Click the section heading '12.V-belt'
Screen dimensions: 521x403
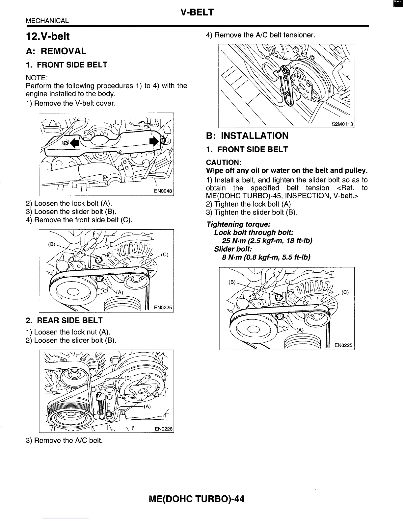click(x=48, y=36)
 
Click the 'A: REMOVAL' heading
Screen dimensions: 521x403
click(x=56, y=51)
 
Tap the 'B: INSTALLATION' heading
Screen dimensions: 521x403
click(x=247, y=136)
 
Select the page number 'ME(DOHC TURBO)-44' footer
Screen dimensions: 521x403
click(x=197, y=499)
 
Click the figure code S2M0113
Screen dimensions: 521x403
click(x=342, y=124)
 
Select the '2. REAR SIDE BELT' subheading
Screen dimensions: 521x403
click(x=64, y=320)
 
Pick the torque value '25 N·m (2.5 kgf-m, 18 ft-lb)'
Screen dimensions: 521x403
click(x=267, y=240)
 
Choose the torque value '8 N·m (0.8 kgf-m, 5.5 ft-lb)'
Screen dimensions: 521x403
click(x=266, y=257)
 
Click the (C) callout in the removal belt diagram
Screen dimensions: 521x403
click(x=165, y=254)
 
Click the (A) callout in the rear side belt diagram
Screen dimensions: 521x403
click(x=147, y=406)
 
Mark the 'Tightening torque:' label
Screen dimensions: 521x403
click(x=238, y=224)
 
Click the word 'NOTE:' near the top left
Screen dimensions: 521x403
click(x=37, y=78)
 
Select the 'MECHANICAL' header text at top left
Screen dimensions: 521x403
click(x=47, y=21)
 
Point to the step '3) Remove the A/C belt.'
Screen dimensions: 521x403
click(x=64, y=440)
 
